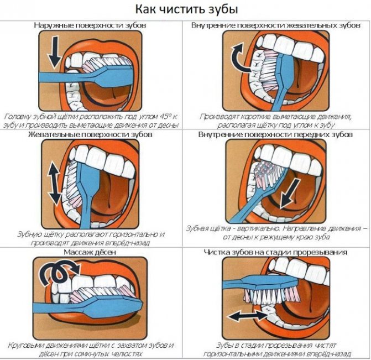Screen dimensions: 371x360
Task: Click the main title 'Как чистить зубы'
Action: pos(186,10)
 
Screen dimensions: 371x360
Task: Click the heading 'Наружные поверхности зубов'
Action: pos(90,25)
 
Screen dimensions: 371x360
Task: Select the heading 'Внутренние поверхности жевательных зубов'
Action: pos(276,25)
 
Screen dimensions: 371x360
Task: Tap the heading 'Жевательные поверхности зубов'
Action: pos(90,134)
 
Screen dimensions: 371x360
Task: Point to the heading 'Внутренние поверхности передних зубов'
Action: pos(275,134)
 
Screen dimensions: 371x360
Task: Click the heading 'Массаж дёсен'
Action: pos(90,252)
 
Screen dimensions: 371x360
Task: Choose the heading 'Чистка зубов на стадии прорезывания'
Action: pos(276,252)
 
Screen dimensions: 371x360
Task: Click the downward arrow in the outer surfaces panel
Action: pos(55,52)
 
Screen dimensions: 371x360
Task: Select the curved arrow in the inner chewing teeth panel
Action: pos(240,59)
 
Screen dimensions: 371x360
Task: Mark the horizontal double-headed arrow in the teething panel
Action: pos(247,316)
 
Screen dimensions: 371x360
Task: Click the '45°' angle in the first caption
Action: pos(161,117)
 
